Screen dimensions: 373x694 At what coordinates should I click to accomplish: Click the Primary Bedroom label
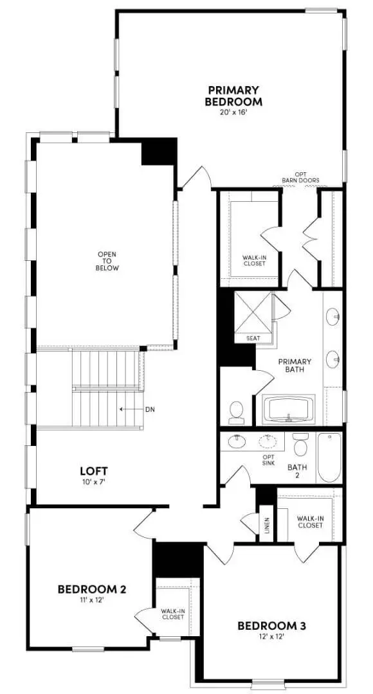(233, 96)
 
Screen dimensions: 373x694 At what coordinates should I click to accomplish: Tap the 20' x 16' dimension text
(233, 112)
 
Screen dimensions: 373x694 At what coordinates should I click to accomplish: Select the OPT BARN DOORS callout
(301, 177)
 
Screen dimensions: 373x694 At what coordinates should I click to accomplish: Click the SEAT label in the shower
(253, 339)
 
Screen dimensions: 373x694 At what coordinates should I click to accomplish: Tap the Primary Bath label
(295, 365)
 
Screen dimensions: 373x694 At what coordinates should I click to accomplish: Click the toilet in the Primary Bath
(237, 412)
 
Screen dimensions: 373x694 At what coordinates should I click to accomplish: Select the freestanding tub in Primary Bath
(288, 409)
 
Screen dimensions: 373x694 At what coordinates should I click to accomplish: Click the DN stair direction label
(150, 409)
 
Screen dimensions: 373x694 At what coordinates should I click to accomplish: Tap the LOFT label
(93, 470)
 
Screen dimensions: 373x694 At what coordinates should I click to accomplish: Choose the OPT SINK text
(268, 460)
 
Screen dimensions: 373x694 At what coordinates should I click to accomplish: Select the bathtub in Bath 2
(329, 458)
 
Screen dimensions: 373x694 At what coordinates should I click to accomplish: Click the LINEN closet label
(267, 525)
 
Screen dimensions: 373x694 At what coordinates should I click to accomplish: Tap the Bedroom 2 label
(92, 589)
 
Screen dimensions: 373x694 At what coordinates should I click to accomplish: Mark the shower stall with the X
(253, 312)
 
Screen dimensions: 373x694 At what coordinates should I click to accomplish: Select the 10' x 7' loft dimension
(93, 481)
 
